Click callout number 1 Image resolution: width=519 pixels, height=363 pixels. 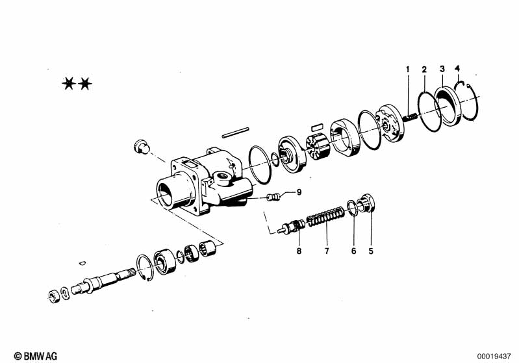coord(408,69)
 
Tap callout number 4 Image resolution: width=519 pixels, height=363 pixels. coord(457,68)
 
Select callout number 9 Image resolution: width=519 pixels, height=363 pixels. coord(299,192)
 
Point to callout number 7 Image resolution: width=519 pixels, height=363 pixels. coord(327,251)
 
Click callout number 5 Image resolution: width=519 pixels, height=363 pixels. coord(371,251)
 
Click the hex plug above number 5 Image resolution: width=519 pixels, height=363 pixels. coord(366,203)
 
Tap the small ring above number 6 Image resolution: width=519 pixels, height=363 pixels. coord(353,208)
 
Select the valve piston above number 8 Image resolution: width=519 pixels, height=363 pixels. coord(292,227)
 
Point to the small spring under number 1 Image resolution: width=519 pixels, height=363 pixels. coord(411,117)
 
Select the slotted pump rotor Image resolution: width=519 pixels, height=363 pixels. coord(318,149)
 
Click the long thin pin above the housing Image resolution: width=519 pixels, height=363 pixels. coord(235,132)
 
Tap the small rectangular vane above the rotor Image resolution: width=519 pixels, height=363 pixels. coord(318,127)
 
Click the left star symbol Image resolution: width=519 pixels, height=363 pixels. coord(69,84)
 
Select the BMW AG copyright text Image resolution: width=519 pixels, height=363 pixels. coord(36,356)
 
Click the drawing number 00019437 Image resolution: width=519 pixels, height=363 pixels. coord(494,357)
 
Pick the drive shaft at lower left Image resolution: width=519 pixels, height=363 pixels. coord(103,281)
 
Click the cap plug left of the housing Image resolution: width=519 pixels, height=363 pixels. coord(142,147)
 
